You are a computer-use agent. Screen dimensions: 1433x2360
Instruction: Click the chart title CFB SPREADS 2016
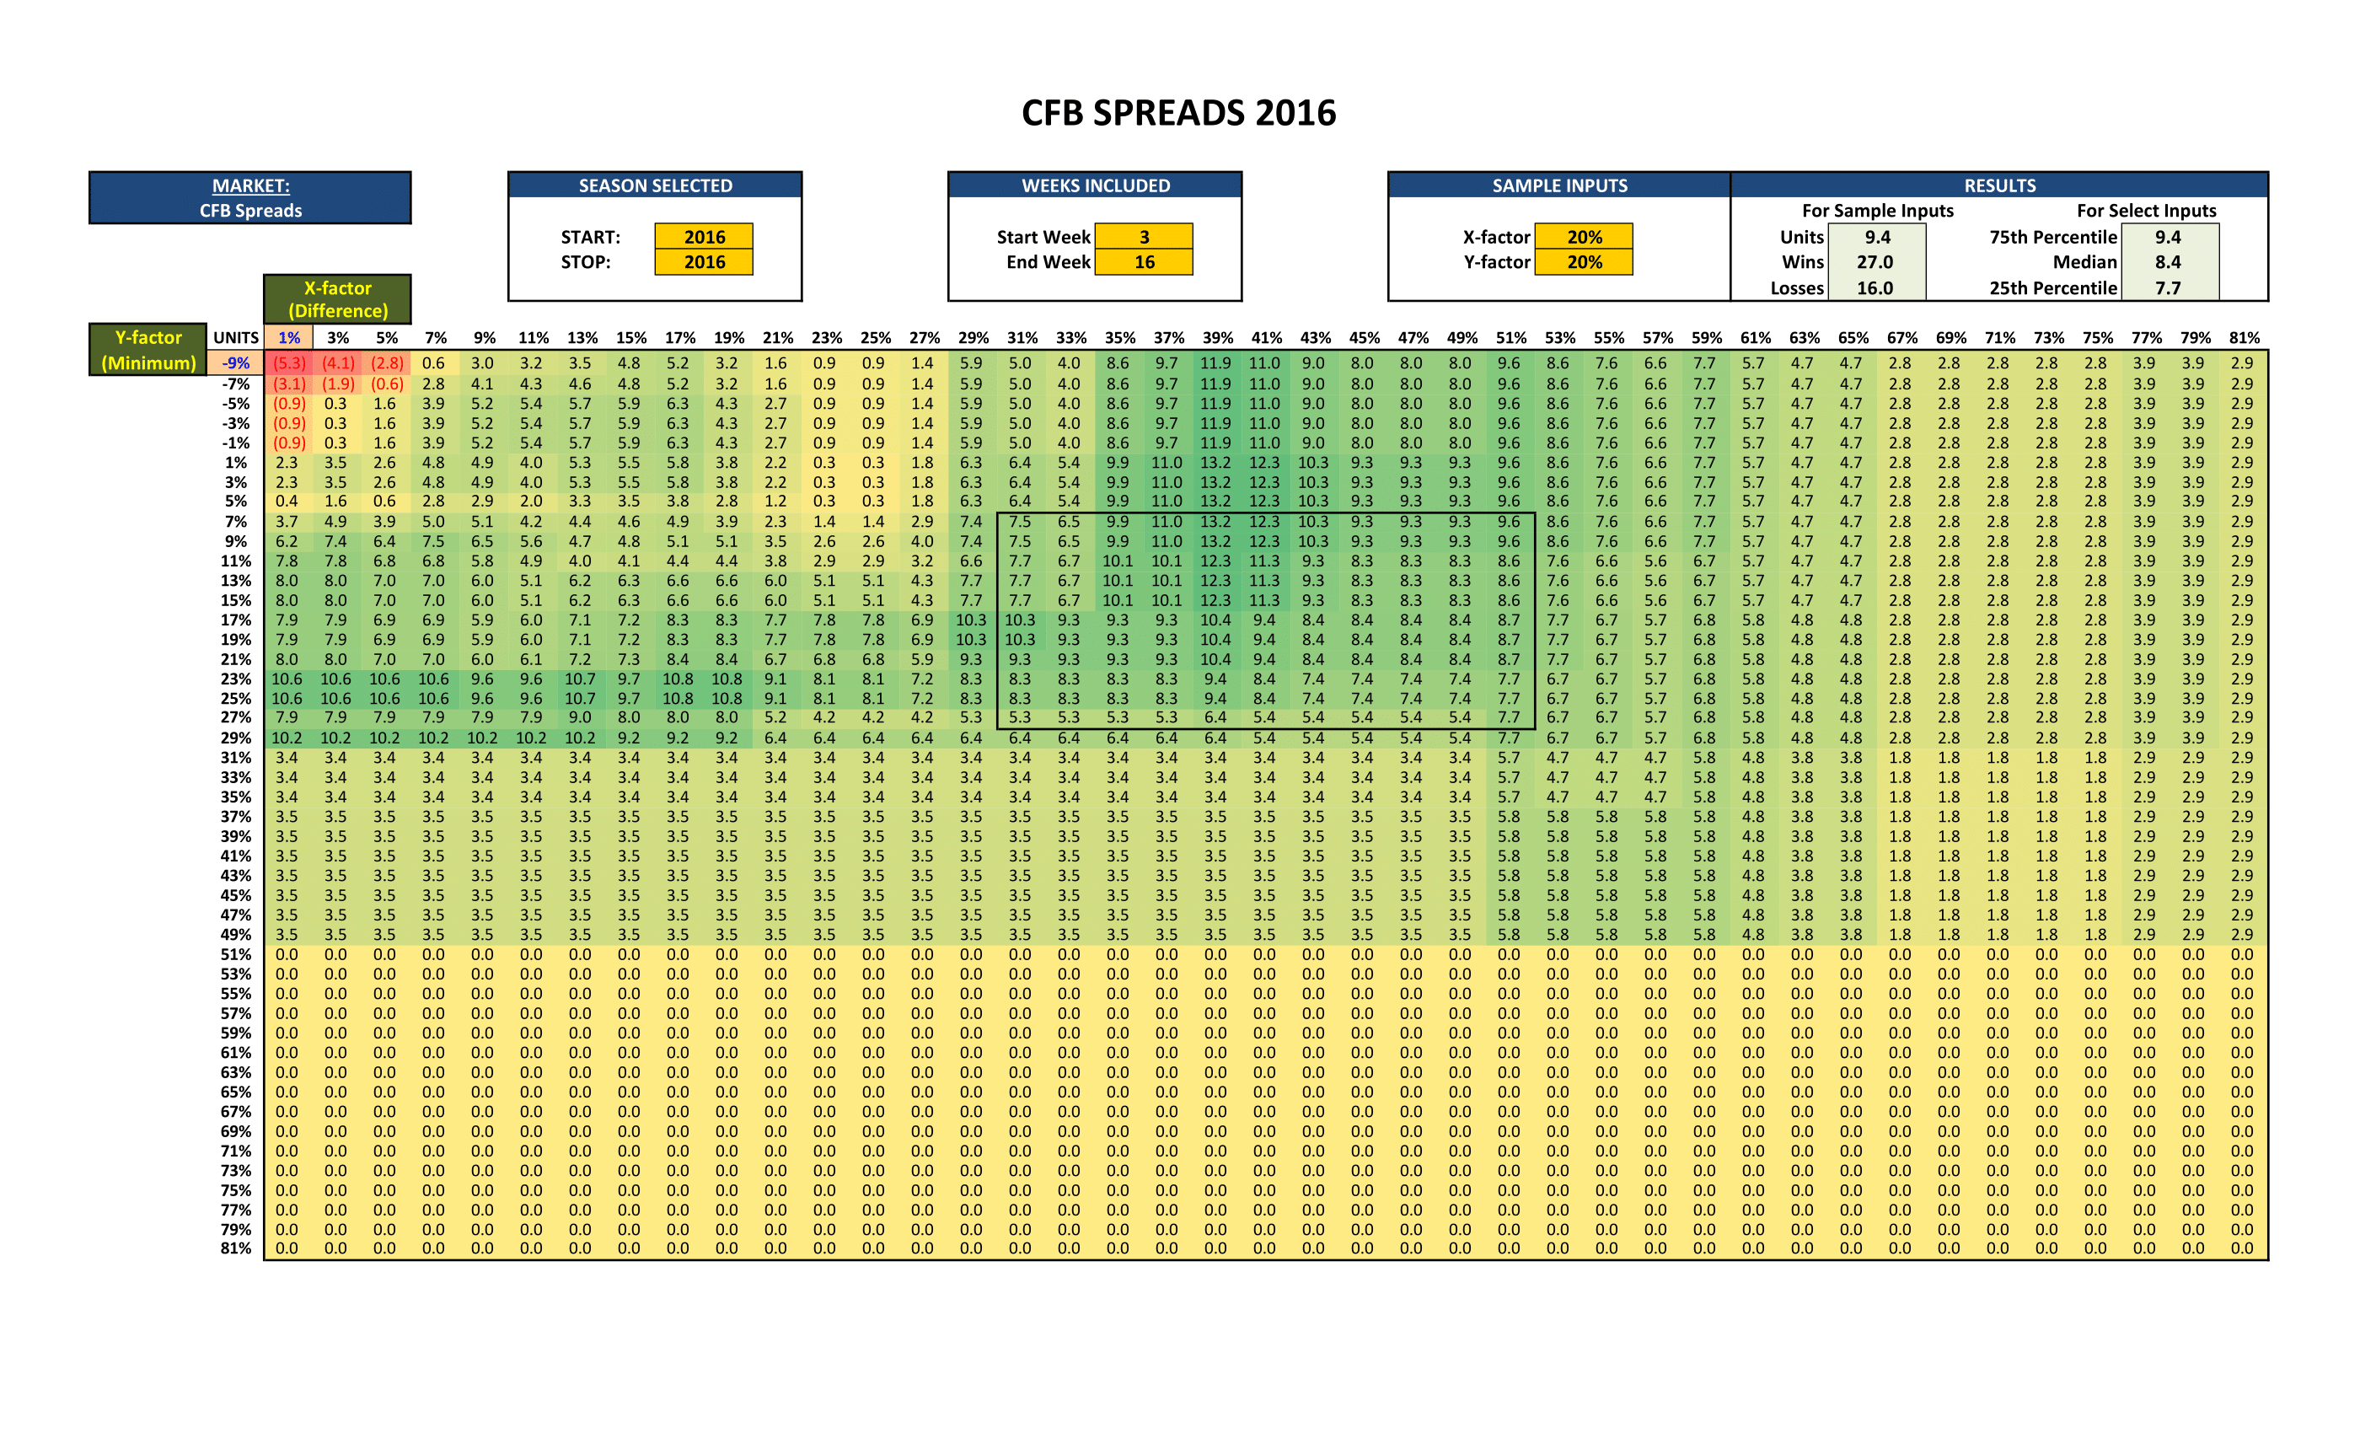coord(1178,113)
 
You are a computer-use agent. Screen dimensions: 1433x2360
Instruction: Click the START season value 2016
coord(704,237)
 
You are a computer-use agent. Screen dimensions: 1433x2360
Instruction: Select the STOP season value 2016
coord(704,261)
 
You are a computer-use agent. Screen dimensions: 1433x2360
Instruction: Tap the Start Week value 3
coord(1144,237)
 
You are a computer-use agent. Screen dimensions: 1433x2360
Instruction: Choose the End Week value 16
coord(1144,261)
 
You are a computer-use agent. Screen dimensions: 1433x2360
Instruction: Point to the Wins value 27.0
coord(1875,261)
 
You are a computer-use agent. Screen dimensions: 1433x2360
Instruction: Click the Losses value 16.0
coord(1875,287)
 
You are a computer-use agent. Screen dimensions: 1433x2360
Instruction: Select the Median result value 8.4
coord(2168,261)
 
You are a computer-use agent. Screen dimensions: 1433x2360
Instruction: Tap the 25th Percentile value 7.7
coord(2168,287)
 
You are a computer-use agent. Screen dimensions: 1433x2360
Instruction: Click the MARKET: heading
coord(250,185)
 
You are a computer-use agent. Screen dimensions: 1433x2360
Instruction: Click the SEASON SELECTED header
coord(655,185)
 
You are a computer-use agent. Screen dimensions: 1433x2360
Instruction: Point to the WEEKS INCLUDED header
coord(1095,185)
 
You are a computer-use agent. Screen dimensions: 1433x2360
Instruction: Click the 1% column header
coord(288,337)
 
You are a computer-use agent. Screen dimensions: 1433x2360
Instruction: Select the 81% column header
coord(2244,337)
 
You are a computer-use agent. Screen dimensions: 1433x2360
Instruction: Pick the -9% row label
coord(236,363)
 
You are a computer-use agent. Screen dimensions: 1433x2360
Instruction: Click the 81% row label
coord(236,1248)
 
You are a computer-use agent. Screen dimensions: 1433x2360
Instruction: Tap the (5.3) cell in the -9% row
coord(288,363)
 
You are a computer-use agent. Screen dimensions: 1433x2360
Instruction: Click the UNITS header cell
coord(236,337)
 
